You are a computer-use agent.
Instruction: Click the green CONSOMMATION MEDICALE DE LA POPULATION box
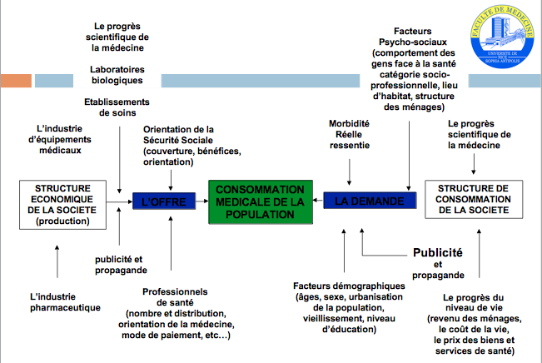[260, 201]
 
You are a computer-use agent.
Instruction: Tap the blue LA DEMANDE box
[363, 201]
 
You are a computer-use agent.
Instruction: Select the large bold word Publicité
[437, 252]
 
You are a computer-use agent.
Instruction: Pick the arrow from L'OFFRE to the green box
[196, 201]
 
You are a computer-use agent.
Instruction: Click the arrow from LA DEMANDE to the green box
[317, 201]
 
